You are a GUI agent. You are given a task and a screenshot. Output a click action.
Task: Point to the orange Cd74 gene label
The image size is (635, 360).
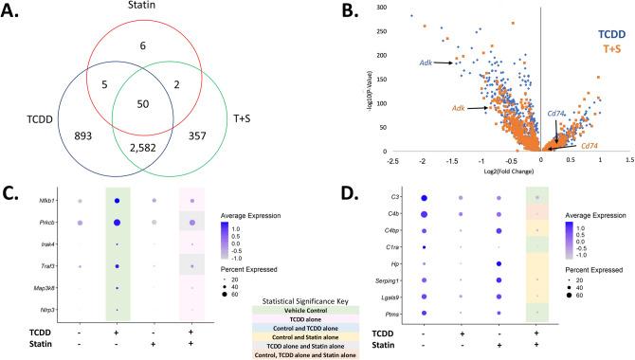tap(590, 145)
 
